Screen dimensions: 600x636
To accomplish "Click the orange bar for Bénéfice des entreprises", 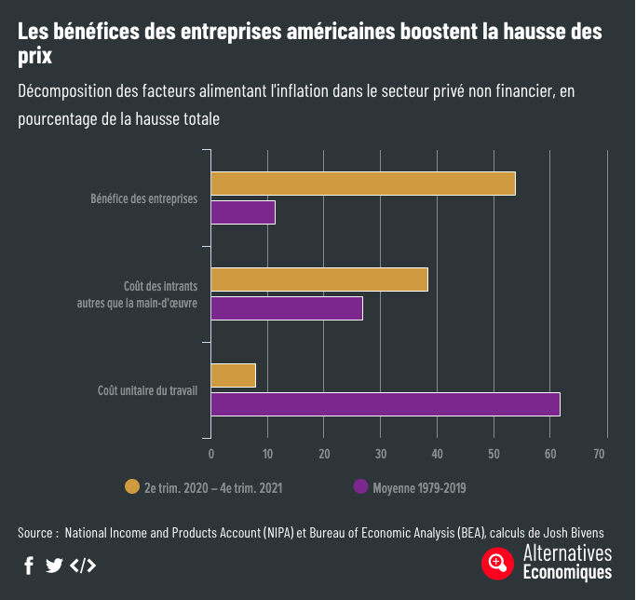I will click(363, 184).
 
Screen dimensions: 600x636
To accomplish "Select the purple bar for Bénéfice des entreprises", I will click(243, 212).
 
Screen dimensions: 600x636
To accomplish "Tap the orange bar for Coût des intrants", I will click(319, 280).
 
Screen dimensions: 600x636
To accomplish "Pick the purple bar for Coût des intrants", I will click(287, 308).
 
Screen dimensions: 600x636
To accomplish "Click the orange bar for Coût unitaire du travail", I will click(234, 375).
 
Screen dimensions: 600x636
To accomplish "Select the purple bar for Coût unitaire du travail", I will click(386, 403).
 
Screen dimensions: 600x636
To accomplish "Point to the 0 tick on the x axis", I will click(211, 454).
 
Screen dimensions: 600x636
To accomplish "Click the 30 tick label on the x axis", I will click(381, 454).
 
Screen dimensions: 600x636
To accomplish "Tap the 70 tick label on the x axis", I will click(600, 454).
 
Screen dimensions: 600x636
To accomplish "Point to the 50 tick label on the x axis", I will click(494, 454).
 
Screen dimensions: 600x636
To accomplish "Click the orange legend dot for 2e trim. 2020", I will click(132, 486).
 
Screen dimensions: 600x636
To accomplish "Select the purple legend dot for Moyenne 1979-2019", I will click(360, 486).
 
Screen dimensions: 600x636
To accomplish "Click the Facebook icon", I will click(29, 566).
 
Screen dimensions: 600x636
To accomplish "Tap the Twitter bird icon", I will click(54, 566).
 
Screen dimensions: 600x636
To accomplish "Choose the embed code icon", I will click(83, 566).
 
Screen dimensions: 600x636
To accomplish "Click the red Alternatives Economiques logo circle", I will click(498, 563).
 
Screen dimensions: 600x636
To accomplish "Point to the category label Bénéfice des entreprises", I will click(144, 198).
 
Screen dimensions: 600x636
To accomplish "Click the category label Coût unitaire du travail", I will click(148, 389).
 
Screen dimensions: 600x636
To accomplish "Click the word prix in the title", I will click(34, 57).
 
